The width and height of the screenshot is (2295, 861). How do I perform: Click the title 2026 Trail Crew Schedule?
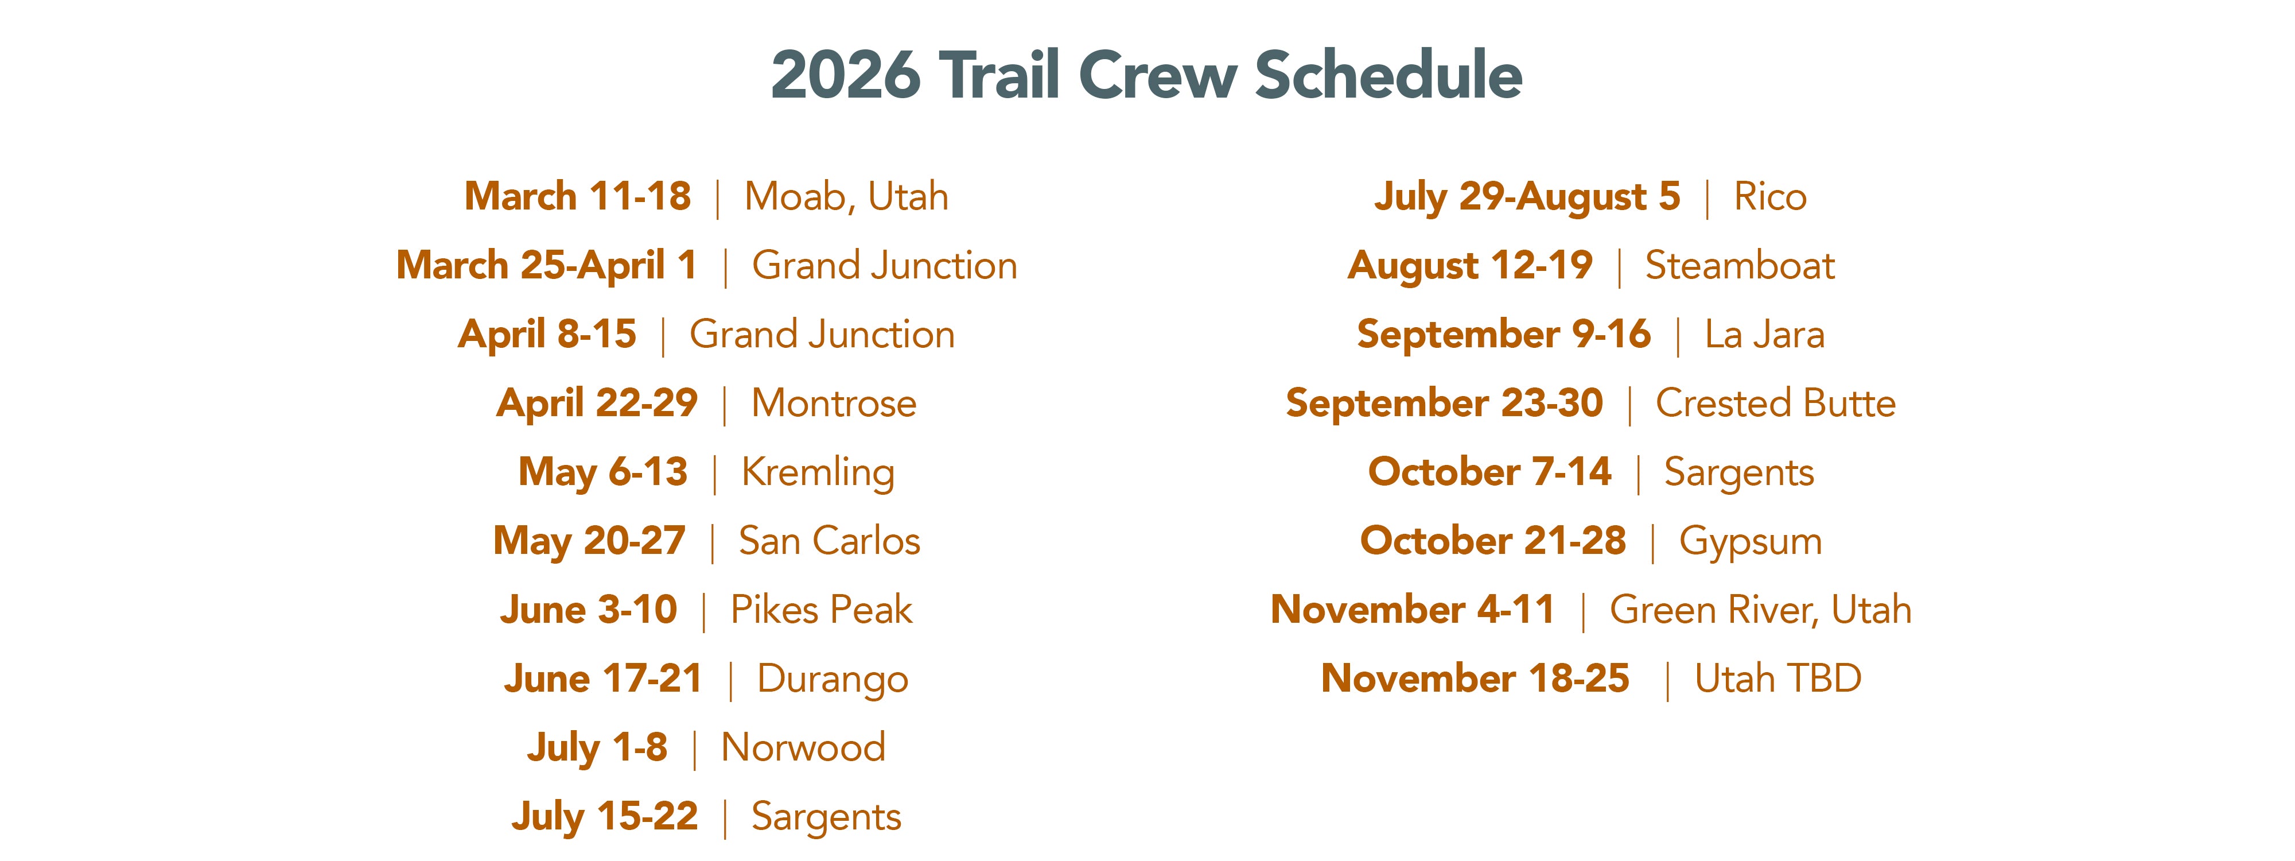(x=1146, y=74)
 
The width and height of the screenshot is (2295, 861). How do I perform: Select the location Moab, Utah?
(x=846, y=197)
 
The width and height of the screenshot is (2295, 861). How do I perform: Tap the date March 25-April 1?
(x=546, y=266)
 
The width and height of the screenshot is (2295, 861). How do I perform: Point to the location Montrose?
(x=834, y=403)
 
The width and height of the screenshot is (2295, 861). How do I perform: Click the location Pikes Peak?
(x=822, y=610)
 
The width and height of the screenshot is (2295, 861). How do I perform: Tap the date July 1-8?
(x=597, y=748)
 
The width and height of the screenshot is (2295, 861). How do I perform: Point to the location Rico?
(x=1770, y=197)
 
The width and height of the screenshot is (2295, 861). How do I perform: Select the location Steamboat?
(x=1740, y=266)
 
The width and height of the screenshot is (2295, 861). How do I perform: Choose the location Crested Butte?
(x=1776, y=403)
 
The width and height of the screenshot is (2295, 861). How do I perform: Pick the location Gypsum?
(x=1751, y=542)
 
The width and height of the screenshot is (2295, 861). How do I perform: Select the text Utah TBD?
(x=1778, y=679)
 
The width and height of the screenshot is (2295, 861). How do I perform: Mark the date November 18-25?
(x=1475, y=679)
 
